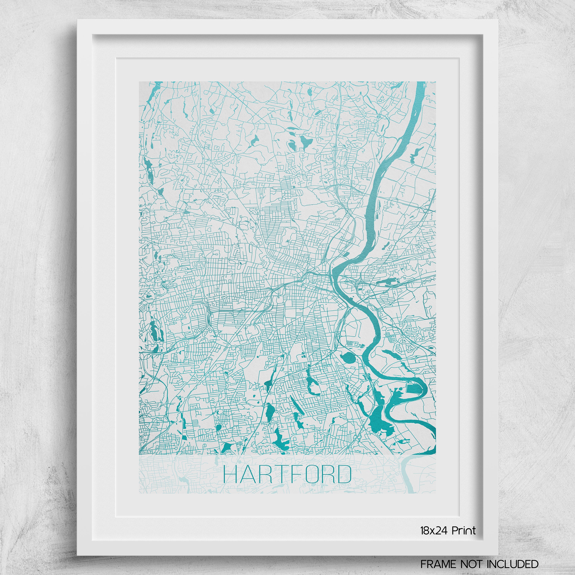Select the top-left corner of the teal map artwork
pyautogui.click(x=139, y=81)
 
